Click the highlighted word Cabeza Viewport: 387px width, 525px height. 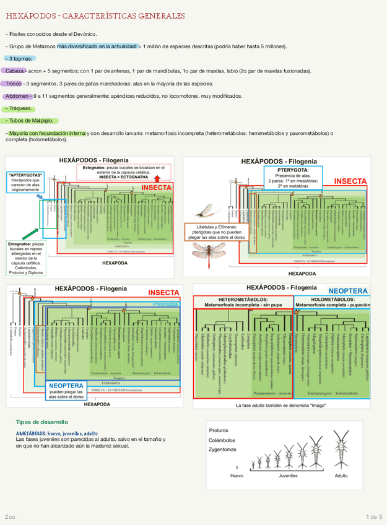coord(15,71)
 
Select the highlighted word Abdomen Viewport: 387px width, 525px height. coord(18,97)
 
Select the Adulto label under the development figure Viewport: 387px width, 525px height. coord(341,475)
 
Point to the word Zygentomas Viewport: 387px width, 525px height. coord(223,449)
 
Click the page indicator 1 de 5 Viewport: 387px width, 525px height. coord(374,516)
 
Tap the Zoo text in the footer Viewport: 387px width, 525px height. coord(10,516)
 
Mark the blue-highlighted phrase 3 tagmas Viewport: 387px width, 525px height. coord(23,58)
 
